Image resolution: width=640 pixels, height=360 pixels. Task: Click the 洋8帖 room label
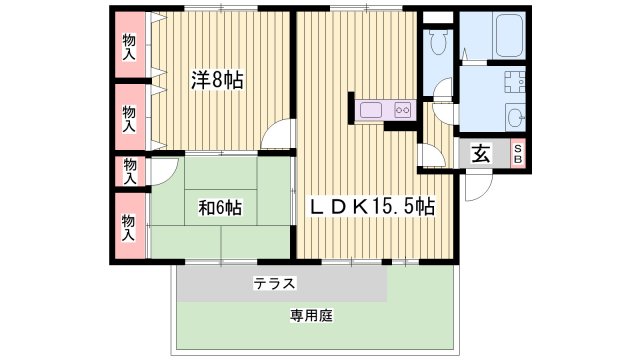pos(217,81)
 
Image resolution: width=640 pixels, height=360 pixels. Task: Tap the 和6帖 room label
pos(219,209)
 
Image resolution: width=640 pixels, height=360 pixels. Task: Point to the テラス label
pos(273,284)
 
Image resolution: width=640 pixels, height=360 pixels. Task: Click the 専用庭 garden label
pos(311,315)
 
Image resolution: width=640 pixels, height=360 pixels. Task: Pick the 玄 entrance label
pos(481,154)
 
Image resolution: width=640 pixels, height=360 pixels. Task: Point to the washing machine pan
pos(514,85)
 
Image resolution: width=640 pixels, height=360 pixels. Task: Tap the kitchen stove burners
pos(404,110)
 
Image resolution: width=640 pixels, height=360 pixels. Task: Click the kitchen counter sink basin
pos(372,110)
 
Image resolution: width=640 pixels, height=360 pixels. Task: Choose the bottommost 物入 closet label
pos(129,228)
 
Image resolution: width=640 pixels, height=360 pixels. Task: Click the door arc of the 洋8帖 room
pos(281,137)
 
